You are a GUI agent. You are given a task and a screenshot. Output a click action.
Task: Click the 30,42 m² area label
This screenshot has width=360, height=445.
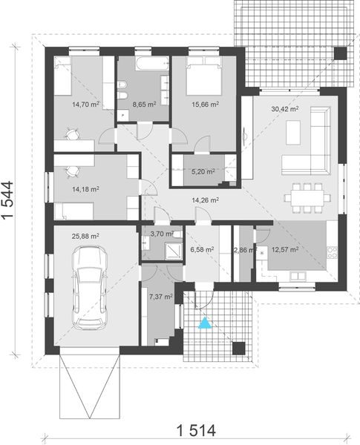pyautogui.click(x=285, y=109)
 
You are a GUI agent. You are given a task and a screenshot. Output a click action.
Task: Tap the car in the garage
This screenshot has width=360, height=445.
pyautogui.click(x=89, y=288)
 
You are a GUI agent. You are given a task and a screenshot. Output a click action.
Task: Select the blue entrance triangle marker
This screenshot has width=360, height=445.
pyautogui.click(x=205, y=323)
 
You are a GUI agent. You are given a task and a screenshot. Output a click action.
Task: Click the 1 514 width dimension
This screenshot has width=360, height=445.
pyautogui.click(x=196, y=430)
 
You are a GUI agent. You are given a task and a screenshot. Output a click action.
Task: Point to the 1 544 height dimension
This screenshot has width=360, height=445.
pyautogui.click(x=7, y=200)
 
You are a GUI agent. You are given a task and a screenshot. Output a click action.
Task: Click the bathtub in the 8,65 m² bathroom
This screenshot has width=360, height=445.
pyautogui.click(x=152, y=63)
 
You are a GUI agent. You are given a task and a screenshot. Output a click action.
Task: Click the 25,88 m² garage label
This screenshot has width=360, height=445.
pyautogui.click(x=85, y=236)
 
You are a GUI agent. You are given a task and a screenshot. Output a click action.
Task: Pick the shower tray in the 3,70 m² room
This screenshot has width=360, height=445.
pyautogui.click(x=174, y=251)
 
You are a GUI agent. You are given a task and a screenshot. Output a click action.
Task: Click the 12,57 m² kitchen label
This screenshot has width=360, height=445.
pyautogui.click(x=285, y=250)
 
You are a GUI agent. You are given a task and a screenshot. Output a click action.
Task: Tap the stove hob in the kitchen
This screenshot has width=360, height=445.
pyautogui.click(x=332, y=252)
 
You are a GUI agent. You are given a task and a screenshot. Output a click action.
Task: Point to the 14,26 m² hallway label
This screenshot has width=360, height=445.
pyautogui.click(x=205, y=200)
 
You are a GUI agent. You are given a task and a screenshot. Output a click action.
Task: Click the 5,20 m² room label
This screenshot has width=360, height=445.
pyautogui.click(x=203, y=171)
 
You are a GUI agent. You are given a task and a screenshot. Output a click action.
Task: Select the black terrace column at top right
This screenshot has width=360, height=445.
pyautogui.click(x=340, y=53)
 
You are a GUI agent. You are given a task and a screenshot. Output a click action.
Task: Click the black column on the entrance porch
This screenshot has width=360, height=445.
pyautogui.click(x=239, y=349)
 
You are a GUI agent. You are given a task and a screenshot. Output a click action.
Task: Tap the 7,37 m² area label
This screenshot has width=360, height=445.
pyautogui.click(x=161, y=297)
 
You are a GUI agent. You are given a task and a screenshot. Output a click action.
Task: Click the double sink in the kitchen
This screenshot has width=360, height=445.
pyautogui.click(x=298, y=276)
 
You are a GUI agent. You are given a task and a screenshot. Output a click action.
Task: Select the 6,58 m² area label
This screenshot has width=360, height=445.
pyautogui.click(x=202, y=249)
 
